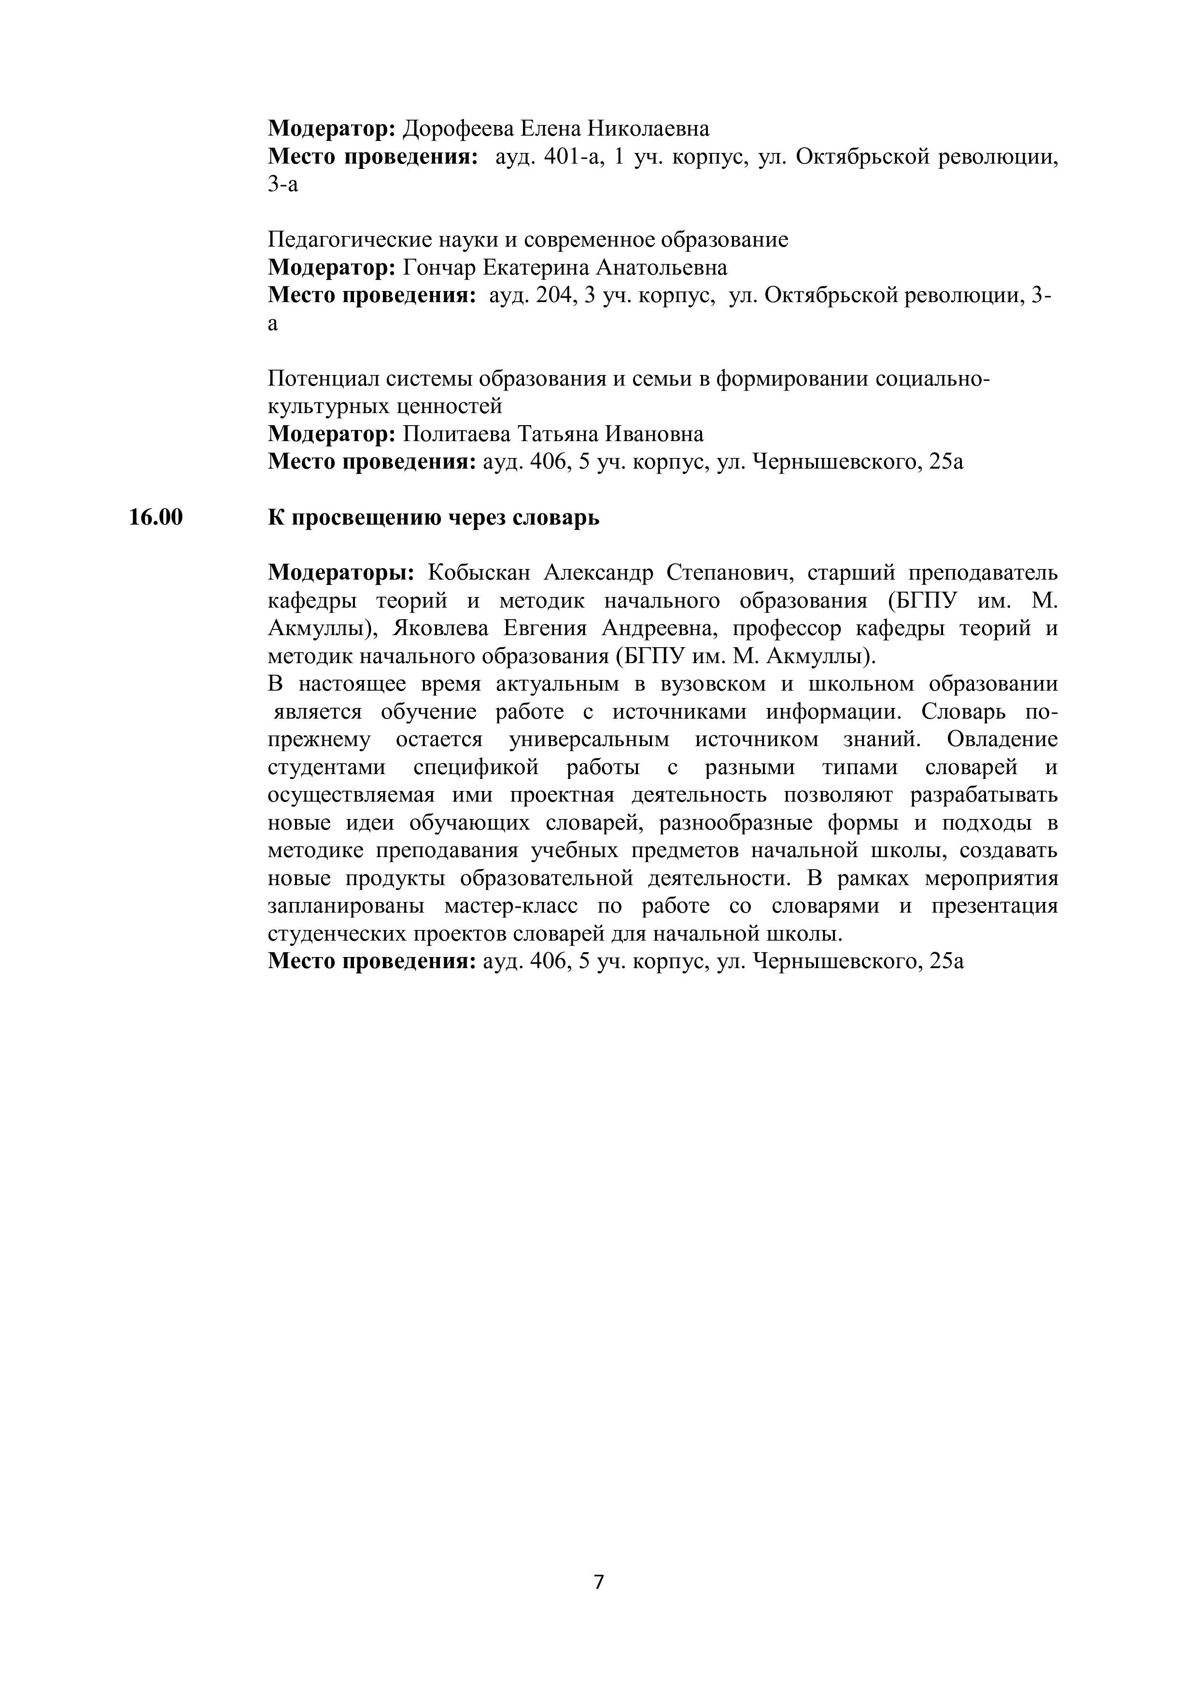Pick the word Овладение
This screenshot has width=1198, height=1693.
point(1002,739)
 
